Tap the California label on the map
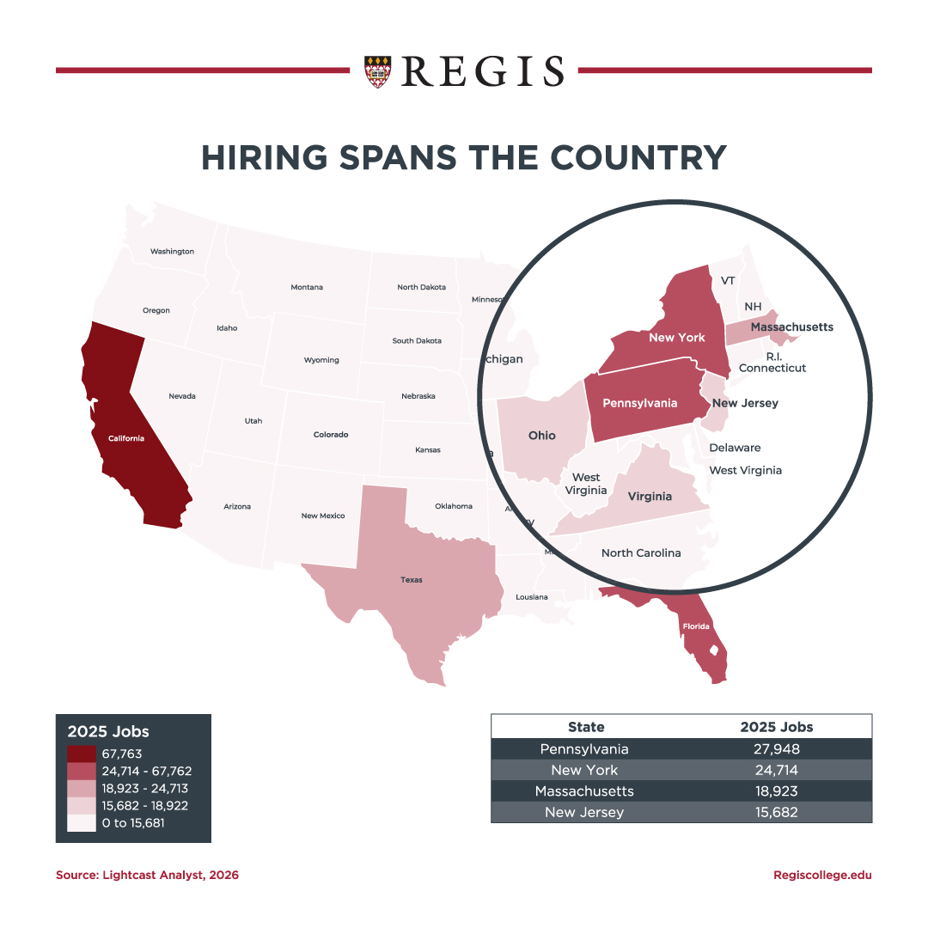(x=126, y=438)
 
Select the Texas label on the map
(x=412, y=580)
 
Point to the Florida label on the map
(x=696, y=626)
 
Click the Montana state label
(x=307, y=287)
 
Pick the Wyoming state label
(x=321, y=360)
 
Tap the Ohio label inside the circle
(x=541, y=436)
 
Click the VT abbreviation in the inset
(x=728, y=281)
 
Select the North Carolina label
(x=641, y=553)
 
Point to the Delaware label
(x=735, y=448)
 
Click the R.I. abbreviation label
(x=773, y=355)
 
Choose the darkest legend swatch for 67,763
(x=82, y=754)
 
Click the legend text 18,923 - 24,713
(x=144, y=788)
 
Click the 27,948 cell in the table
(x=776, y=749)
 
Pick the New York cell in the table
(x=584, y=770)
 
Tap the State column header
(x=586, y=727)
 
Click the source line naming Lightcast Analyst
(x=147, y=875)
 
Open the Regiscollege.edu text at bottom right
(x=822, y=875)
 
